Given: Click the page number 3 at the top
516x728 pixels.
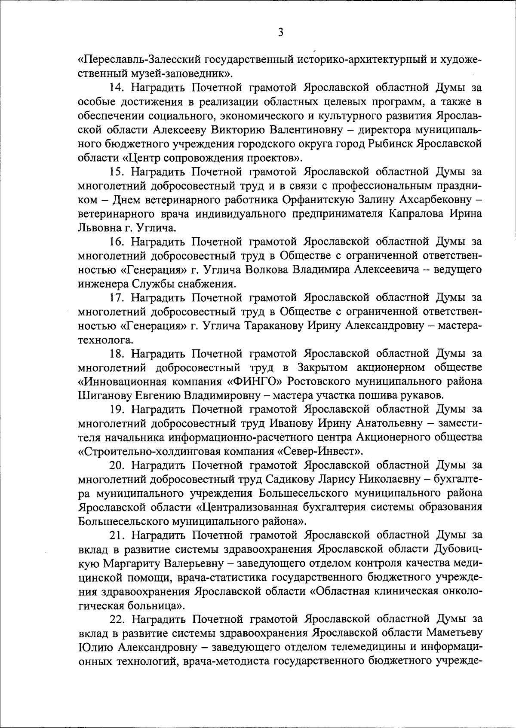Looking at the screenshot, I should [x=280, y=32].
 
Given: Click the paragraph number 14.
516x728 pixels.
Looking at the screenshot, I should [x=117, y=88].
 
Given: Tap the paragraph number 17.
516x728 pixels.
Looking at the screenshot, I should [x=117, y=297].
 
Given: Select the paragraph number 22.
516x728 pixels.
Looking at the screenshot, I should [x=117, y=619].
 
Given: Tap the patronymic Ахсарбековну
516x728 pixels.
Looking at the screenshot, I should [x=433, y=199].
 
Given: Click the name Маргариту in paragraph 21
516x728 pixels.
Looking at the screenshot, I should [x=136, y=563].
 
